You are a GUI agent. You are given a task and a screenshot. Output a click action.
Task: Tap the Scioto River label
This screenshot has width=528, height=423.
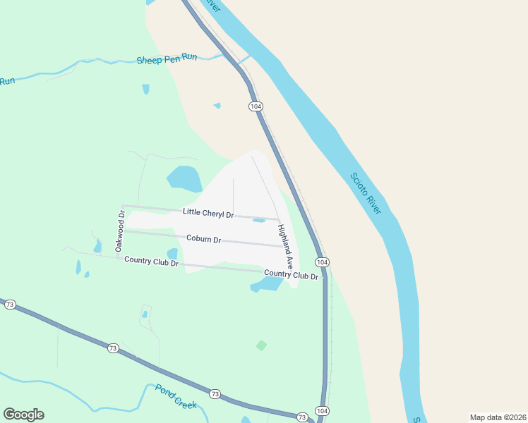365,194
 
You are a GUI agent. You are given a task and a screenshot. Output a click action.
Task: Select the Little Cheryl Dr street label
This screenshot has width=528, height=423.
208,212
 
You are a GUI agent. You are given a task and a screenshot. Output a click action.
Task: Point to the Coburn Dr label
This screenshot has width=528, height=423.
204,240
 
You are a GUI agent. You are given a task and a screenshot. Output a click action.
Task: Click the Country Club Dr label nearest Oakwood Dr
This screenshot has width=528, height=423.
151,261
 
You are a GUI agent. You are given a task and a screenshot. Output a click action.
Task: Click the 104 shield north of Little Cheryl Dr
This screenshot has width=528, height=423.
256,106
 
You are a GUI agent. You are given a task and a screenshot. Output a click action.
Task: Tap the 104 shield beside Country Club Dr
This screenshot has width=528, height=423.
322,262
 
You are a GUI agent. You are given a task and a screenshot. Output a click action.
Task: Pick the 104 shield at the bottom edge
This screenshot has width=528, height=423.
322,411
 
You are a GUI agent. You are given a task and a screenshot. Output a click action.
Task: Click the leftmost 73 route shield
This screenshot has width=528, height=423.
10,305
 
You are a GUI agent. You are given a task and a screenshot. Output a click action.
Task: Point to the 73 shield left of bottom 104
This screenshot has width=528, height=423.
302,417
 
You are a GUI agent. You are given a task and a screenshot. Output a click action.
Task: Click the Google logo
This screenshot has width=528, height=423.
23,415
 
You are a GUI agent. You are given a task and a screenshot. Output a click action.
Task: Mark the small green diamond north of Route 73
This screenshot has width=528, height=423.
261,345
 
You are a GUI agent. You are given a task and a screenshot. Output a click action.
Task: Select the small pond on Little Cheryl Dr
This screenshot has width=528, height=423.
259,220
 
